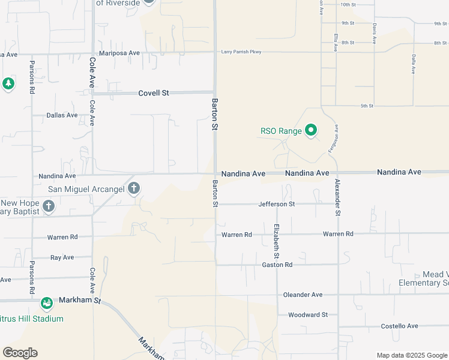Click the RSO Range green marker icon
pyautogui.click(x=311, y=130)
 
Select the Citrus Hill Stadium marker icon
pyautogui.click(x=47, y=304)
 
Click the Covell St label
pyautogui.click(x=154, y=94)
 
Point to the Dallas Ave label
pyautogui.click(x=62, y=115)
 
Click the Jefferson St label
pyautogui.click(x=277, y=204)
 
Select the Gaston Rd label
pyautogui.click(x=277, y=265)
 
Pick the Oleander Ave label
pyautogui.click(x=304, y=295)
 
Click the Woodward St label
pyautogui.click(x=308, y=314)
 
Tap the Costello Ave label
pyautogui.click(x=400, y=326)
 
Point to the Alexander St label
pyautogui.click(x=338, y=197)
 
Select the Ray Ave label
pyautogui.click(x=62, y=257)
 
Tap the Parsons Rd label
pyautogui.click(x=31, y=77)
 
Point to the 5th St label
pyautogui.click(x=367, y=106)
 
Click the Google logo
pyautogui.click(x=20, y=353)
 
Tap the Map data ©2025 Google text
pyautogui.click(x=411, y=355)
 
